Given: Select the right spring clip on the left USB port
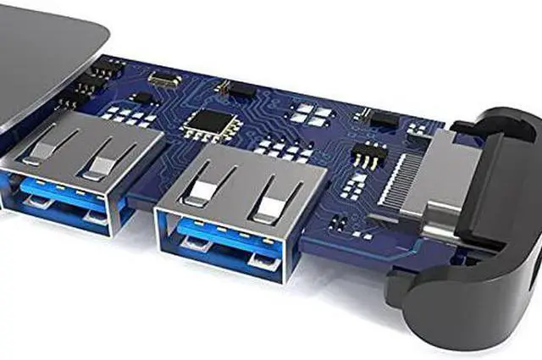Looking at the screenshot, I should pyautogui.click(x=99, y=160).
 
